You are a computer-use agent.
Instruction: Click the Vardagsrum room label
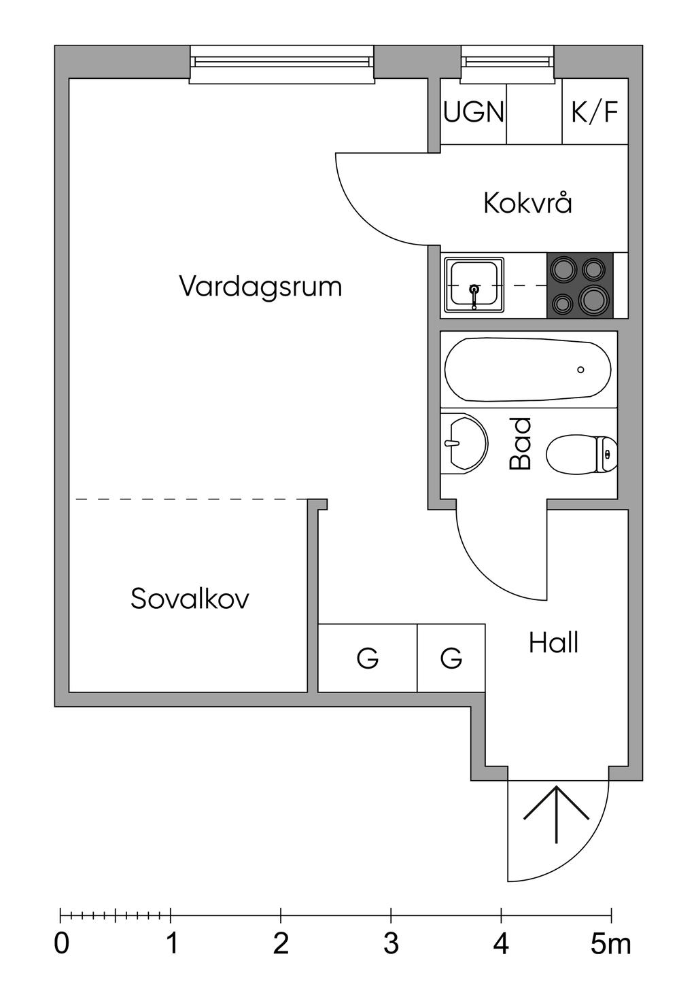pos(260,287)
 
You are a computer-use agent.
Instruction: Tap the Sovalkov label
pos(190,599)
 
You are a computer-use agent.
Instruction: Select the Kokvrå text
pos(527,203)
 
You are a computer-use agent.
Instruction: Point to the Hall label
pos(553,643)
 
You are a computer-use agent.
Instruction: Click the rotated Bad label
pos(521,444)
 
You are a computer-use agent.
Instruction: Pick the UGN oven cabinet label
pos(474,111)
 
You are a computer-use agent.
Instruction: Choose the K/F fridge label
pos(595,111)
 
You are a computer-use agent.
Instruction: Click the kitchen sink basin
pos(474,285)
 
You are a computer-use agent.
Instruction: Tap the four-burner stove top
pos(579,285)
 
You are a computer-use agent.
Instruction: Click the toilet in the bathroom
pos(581,454)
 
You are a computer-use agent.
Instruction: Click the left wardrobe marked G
pos(368,658)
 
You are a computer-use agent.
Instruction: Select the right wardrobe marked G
pos(451,658)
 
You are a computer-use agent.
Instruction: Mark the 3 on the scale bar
pos(391,944)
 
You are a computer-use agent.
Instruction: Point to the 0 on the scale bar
pos(62,944)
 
